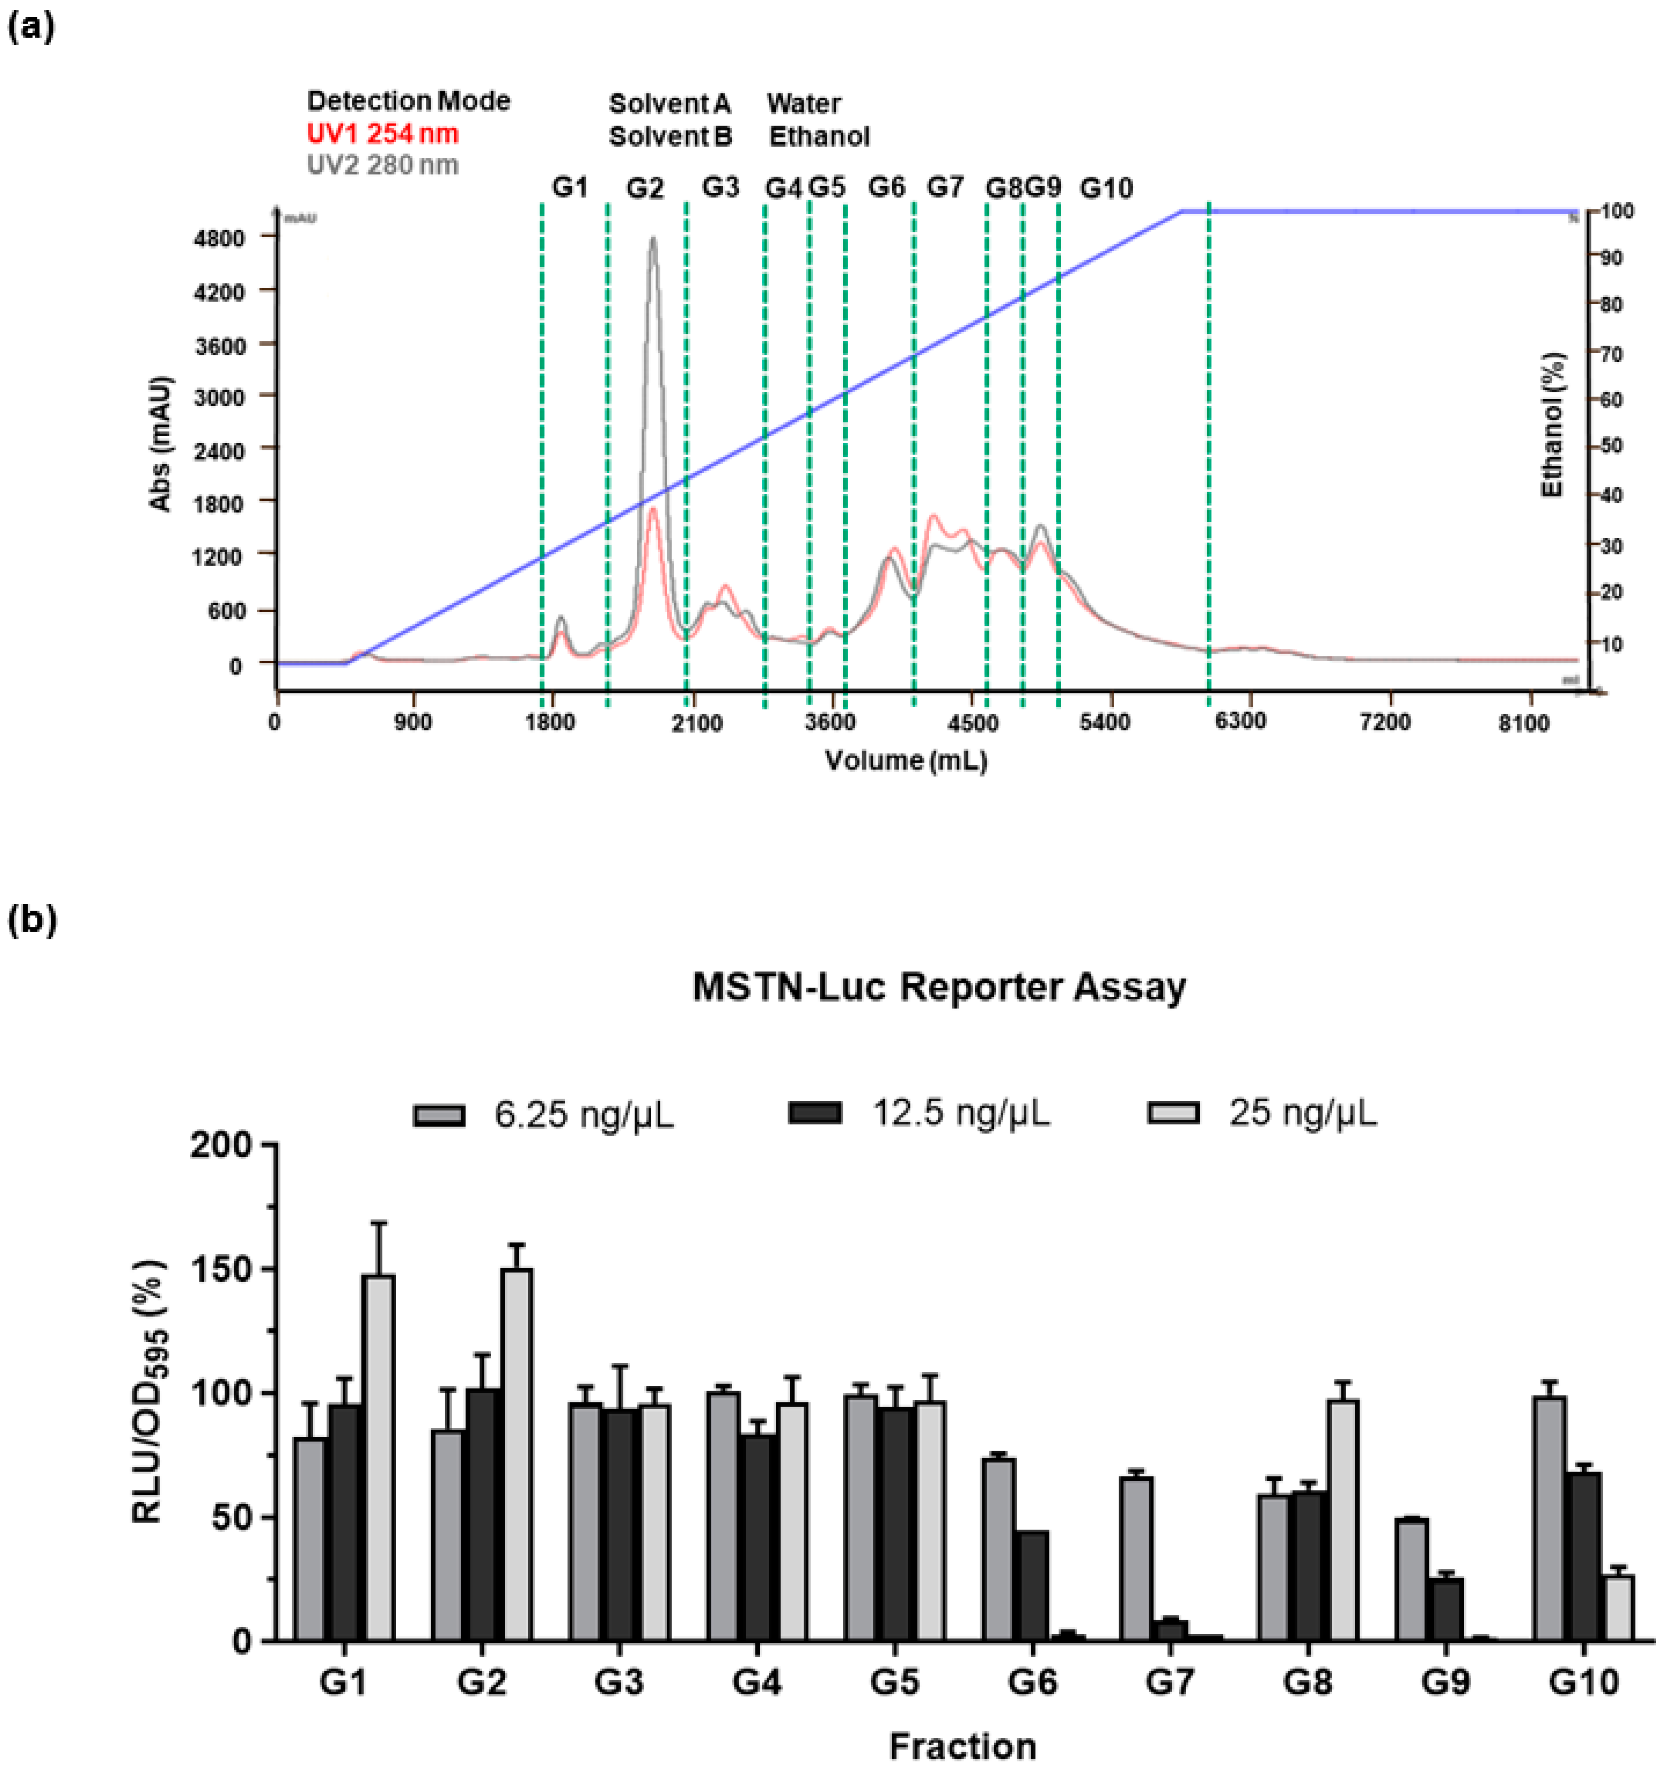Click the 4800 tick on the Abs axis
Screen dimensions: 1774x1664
219,238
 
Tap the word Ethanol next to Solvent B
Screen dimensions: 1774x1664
819,136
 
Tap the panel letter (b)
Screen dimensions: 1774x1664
32,919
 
